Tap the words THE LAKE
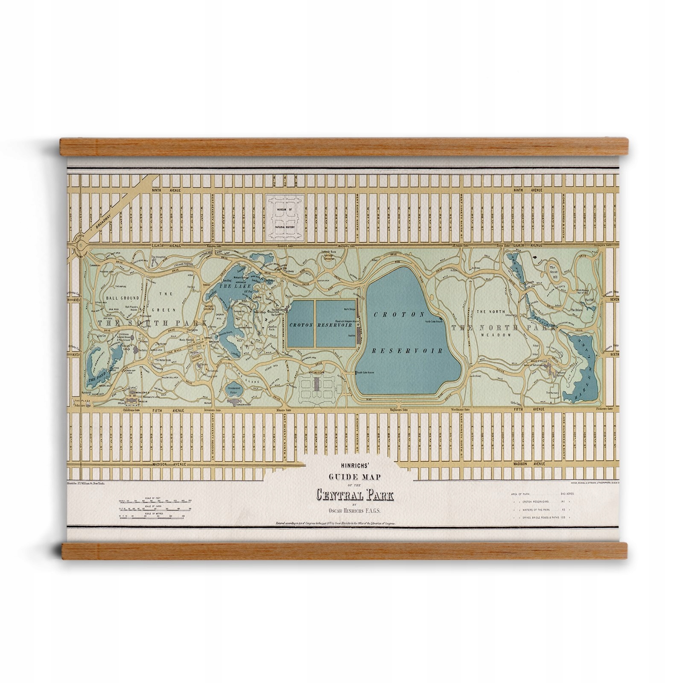231,286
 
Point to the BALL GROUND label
120,298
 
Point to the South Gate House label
366,373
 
